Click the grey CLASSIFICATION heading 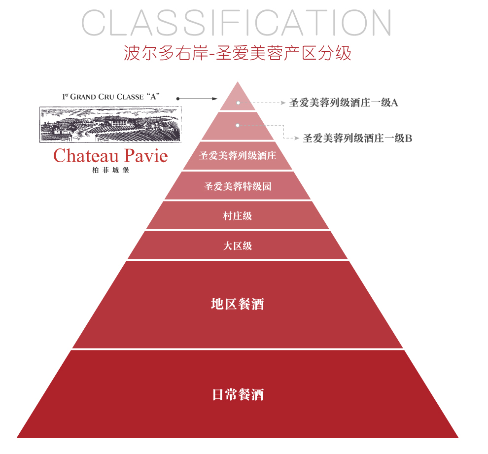237,22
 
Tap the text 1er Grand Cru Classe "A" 112,97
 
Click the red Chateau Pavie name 110,156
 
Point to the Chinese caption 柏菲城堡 110,171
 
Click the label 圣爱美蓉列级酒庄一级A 344,103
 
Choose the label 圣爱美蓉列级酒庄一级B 357,139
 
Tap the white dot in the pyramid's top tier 238,103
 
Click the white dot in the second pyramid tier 238,125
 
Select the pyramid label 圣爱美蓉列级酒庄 238,156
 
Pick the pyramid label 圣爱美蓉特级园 238,186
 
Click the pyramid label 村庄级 238,215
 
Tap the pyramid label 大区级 238,245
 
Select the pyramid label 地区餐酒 238,304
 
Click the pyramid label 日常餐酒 238,394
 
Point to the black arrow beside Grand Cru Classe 197,99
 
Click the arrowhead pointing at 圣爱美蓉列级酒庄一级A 283,103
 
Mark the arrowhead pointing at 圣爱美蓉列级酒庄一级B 297,139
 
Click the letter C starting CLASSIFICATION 94,22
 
